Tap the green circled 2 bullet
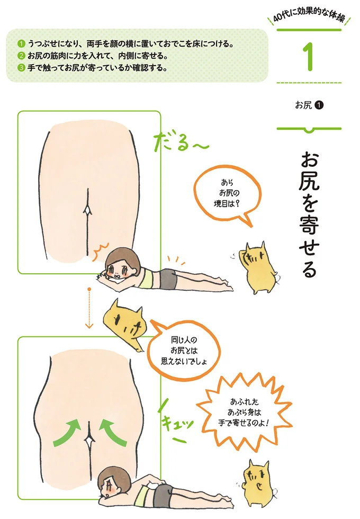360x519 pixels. coord(21,56)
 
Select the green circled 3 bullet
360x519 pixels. coord(21,68)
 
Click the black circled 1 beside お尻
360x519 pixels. coord(319,105)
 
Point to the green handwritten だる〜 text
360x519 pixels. coord(181,142)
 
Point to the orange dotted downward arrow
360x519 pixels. coord(89,308)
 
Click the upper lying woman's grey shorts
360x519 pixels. coord(168,278)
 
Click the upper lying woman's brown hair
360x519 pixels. coord(120,256)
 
